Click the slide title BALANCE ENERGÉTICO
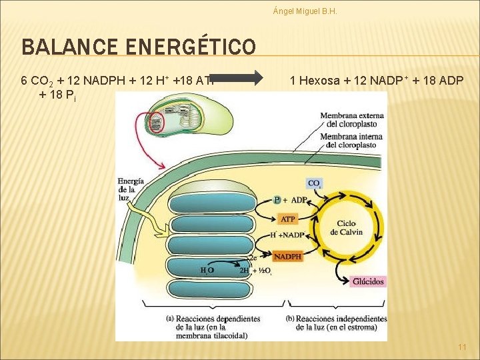point(138,47)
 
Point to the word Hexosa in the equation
point(322,81)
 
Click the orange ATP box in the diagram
point(288,219)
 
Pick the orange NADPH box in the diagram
point(288,256)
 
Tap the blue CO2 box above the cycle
point(315,183)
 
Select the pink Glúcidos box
point(367,281)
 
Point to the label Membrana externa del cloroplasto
point(348,120)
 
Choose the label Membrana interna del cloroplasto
point(348,141)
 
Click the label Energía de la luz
point(130,189)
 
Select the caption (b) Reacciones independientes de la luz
point(337,323)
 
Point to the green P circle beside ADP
point(277,199)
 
